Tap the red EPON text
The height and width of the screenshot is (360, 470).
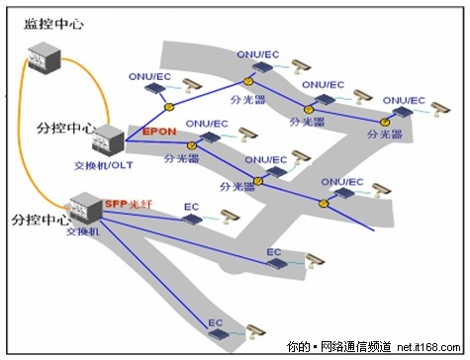click(158, 131)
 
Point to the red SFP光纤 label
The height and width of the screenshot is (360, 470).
click(130, 203)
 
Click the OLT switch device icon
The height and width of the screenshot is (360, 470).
click(111, 141)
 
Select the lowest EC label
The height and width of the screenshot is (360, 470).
click(217, 321)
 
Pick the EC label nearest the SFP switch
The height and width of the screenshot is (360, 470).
click(193, 207)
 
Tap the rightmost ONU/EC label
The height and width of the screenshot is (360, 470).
click(403, 101)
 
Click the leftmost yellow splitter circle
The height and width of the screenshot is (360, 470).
click(169, 106)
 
